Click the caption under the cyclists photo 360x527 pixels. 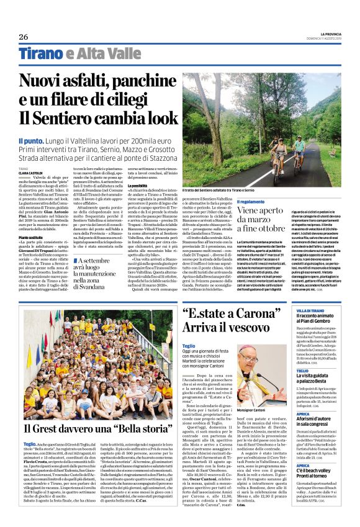[220, 190]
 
